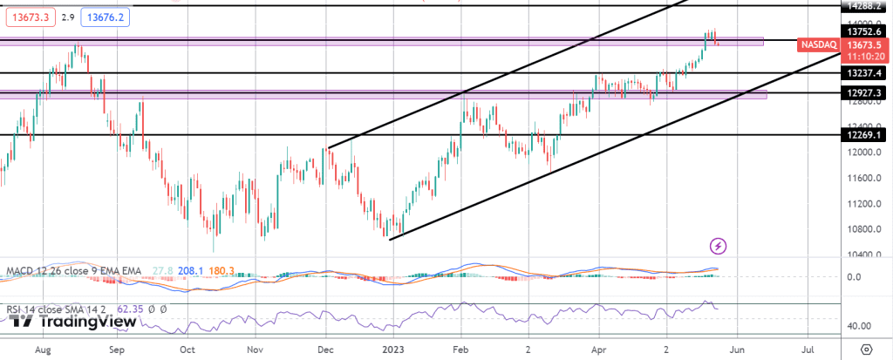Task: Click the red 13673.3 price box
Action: (x=30, y=17)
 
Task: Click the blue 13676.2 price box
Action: (x=105, y=17)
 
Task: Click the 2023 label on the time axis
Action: (x=393, y=349)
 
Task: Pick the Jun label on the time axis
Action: (x=738, y=349)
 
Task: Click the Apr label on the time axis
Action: (x=598, y=349)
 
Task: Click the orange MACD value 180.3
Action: (x=220, y=273)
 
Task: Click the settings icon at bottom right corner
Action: (x=866, y=349)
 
